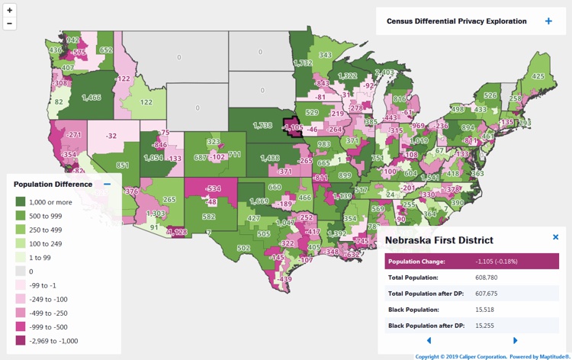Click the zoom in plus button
tap(10, 11)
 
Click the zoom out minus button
tap(10, 24)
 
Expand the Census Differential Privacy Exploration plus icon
tap(548, 21)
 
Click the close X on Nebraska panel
tap(555, 237)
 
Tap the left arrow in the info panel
tap(429, 340)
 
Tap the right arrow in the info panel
tap(516, 340)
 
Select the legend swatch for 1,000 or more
tap(21, 201)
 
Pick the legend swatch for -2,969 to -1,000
tap(21, 341)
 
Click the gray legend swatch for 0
tap(21, 271)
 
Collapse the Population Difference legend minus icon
tap(108, 184)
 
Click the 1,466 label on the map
tap(91, 98)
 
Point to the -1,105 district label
tap(292, 127)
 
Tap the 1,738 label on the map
tap(262, 124)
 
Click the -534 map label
tap(213, 188)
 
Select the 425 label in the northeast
tap(538, 76)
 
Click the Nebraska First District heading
tap(439, 240)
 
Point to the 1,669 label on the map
tap(259, 201)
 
